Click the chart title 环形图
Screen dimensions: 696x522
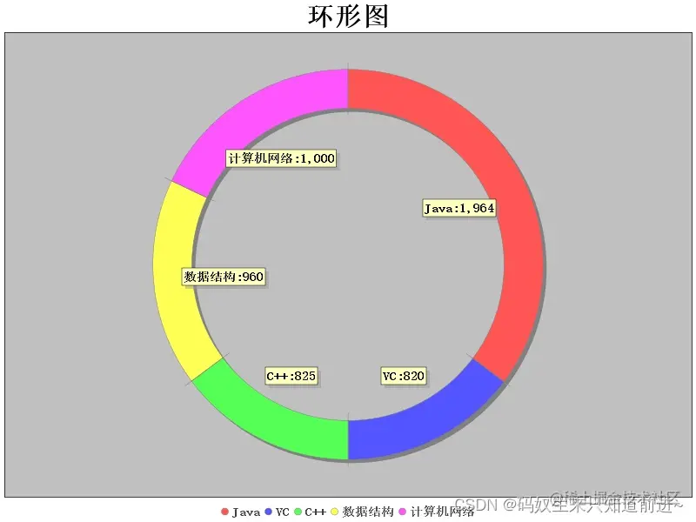click(x=348, y=16)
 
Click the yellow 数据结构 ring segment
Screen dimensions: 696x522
click(x=178, y=278)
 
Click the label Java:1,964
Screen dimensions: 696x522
click(x=459, y=208)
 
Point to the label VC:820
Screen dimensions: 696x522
click(x=404, y=376)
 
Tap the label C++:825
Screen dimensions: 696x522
click(x=291, y=376)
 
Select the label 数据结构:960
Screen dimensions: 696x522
click(x=224, y=277)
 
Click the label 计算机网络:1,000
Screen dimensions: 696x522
click(x=281, y=158)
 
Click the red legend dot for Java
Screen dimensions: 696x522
click(x=224, y=512)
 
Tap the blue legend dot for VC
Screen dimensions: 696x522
click(x=269, y=512)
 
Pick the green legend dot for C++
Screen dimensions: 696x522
click(x=298, y=512)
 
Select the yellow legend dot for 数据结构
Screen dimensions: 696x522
click(x=335, y=512)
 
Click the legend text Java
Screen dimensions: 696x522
click(x=246, y=512)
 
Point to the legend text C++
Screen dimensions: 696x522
click(x=315, y=512)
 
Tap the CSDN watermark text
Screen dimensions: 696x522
click(x=474, y=504)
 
